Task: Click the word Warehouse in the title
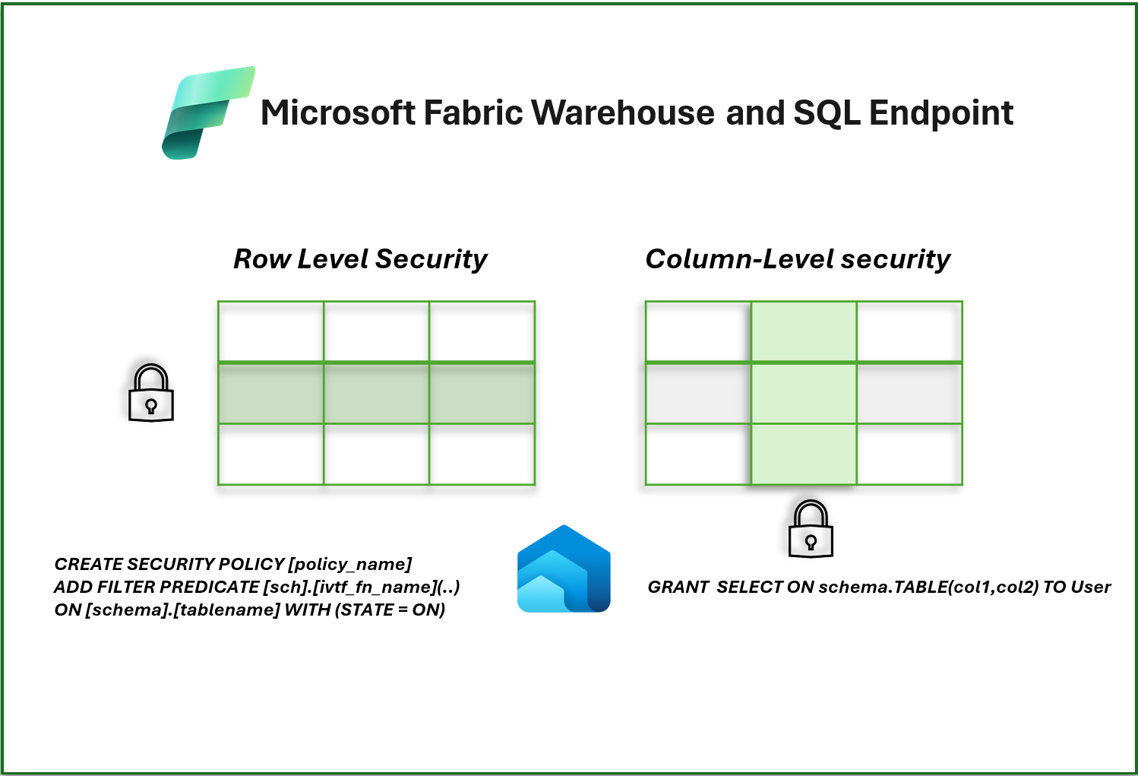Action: [x=622, y=113]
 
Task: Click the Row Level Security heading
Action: [x=360, y=259]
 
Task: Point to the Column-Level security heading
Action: [x=797, y=259]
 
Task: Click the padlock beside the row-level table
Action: [x=151, y=393]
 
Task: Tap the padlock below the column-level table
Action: [x=811, y=529]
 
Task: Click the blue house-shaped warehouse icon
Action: [x=564, y=569]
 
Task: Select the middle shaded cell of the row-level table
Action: [x=376, y=394]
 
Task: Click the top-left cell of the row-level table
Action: [x=270, y=331]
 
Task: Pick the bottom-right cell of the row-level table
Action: [x=482, y=455]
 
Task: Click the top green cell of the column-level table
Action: [x=804, y=331]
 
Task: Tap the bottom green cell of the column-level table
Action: [x=804, y=455]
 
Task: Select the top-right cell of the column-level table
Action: [x=909, y=331]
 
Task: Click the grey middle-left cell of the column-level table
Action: [x=698, y=394]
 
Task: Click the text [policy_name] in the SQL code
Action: [x=350, y=564]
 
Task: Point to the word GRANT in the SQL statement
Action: [x=678, y=587]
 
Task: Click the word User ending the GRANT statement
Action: [x=1091, y=587]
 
